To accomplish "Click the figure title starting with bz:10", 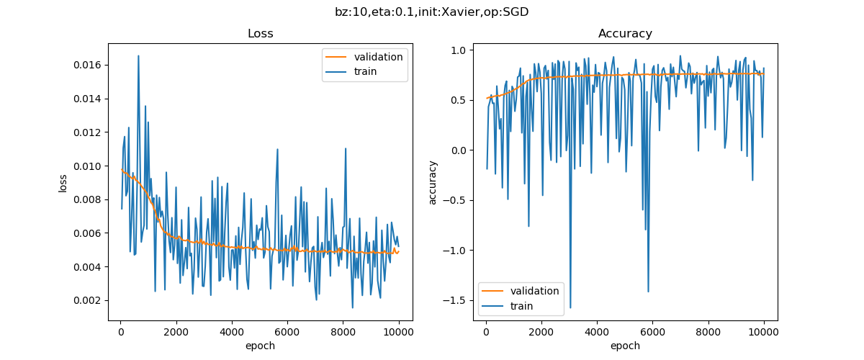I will click(432, 12).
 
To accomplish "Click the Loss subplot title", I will click(260, 34).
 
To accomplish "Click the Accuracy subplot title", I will click(625, 34).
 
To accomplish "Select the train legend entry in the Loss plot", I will click(365, 71).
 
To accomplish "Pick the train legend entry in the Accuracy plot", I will click(521, 306).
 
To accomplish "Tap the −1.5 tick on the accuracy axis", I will click(457, 300).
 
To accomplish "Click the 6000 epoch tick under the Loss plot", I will click(287, 333).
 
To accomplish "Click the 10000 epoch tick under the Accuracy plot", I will click(764, 333).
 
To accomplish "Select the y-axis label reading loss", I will click(63, 182).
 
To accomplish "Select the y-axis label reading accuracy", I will click(433, 182).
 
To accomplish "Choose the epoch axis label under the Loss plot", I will click(260, 346).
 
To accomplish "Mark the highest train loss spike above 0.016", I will click(138, 55).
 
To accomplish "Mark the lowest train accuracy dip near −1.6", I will click(570, 308).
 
